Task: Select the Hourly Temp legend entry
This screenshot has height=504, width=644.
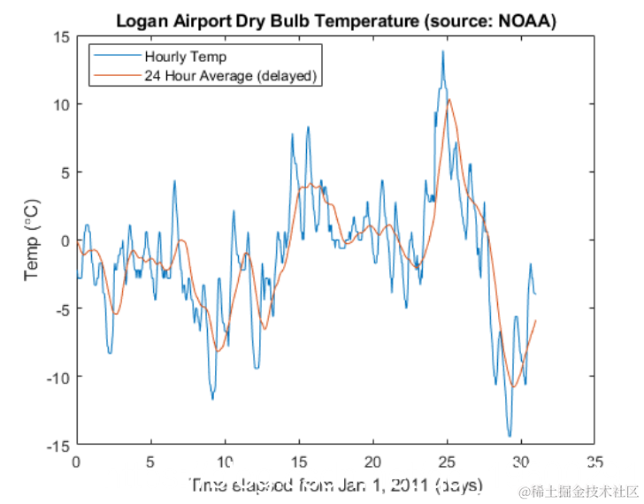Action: (178, 57)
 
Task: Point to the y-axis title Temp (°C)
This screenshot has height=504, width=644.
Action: (32, 241)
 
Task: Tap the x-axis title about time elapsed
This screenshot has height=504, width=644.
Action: (335, 485)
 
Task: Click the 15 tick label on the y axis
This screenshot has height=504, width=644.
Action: (61, 37)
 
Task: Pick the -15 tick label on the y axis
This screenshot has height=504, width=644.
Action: (58, 445)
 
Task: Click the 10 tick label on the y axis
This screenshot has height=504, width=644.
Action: (61, 104)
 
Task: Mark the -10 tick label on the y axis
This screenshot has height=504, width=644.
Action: (58, 377)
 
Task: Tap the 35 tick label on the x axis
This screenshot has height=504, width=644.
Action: (596, 462)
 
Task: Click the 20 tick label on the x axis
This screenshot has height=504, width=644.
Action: (373, 462)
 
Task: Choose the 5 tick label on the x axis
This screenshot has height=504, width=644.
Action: (151, 462)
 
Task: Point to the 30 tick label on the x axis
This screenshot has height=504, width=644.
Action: (522, 462)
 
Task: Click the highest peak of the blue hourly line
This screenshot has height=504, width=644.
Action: (442, 51)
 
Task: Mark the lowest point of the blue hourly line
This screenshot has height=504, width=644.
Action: (510, 436)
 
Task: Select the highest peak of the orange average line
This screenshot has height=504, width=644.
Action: (450, 100)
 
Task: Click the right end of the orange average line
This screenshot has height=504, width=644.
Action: (536, 320)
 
